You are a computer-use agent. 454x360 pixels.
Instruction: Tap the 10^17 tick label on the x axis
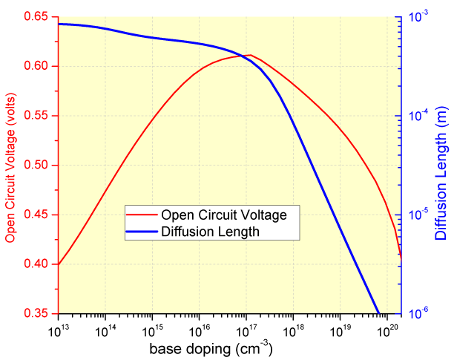click(246, 327)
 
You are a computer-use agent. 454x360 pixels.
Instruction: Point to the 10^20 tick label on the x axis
click(386, 327)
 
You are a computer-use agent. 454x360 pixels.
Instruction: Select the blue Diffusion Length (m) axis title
click(441, 165)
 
